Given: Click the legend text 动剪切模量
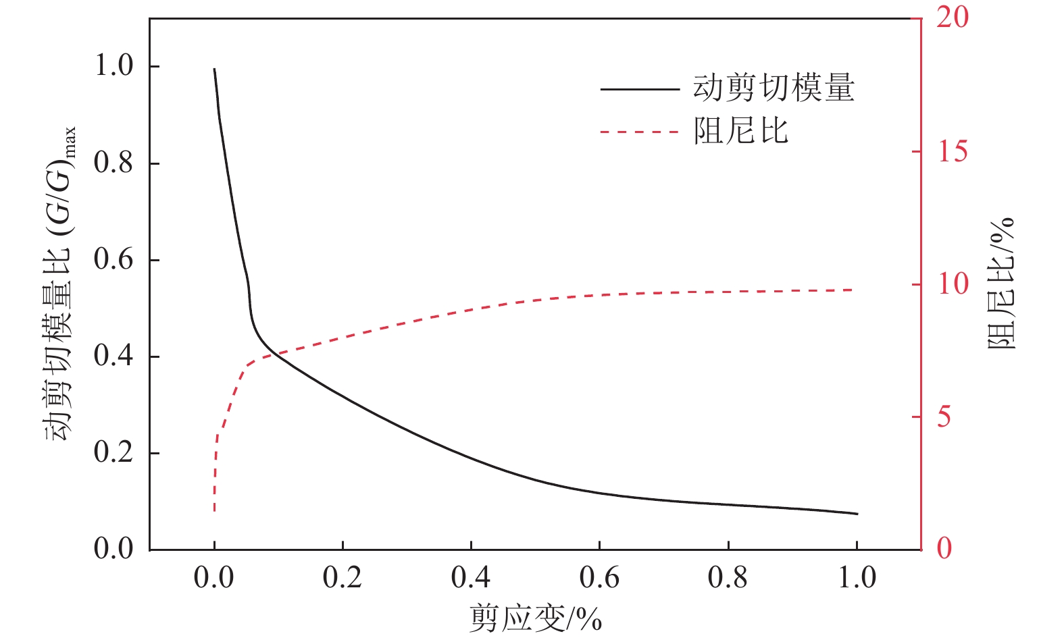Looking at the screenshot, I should (774, 88).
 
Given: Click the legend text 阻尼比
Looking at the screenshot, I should (741, 131).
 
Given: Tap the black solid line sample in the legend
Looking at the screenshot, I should (639, 89).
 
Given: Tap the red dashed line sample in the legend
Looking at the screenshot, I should (639, 132).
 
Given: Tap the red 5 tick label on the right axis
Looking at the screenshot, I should (944, 417).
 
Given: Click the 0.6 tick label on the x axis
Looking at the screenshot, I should (599, 578).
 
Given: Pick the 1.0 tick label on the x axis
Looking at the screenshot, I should (857, 578).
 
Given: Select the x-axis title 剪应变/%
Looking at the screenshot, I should (535, 618).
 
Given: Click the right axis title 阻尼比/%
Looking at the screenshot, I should (1002, 284).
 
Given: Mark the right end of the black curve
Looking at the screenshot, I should (857, 514).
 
